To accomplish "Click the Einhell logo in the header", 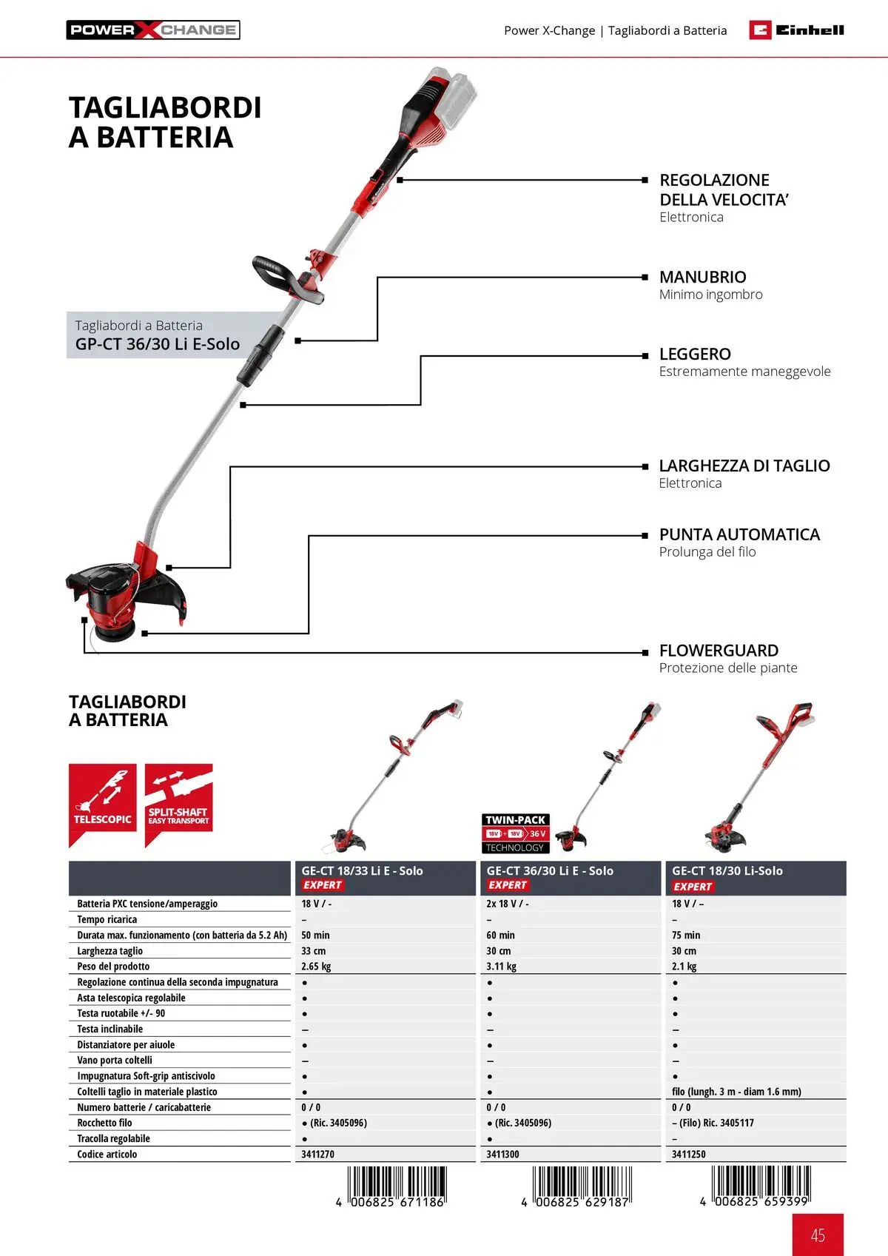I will [x=796, y=30].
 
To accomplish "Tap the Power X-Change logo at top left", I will [x=153, y=30].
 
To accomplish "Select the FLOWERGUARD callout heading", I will [x=719, y=651].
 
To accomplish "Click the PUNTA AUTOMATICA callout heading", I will [x=739, y=534].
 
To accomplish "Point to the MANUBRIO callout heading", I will [x=702, y=277].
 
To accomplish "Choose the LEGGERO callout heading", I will [x=695, y=354].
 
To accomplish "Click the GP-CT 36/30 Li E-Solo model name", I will [x=158, y=344].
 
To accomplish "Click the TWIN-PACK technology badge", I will [x=516, y=833].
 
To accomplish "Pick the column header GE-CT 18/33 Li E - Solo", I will [x=362, y=871].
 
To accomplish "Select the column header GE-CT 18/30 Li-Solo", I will [x=727, y=871].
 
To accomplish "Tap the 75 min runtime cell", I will [x=686, y=936].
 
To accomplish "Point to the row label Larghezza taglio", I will [x=110, y=951].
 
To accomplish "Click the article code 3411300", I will [x=502, y=1155].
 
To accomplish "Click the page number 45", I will [x=818, y=1235].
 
